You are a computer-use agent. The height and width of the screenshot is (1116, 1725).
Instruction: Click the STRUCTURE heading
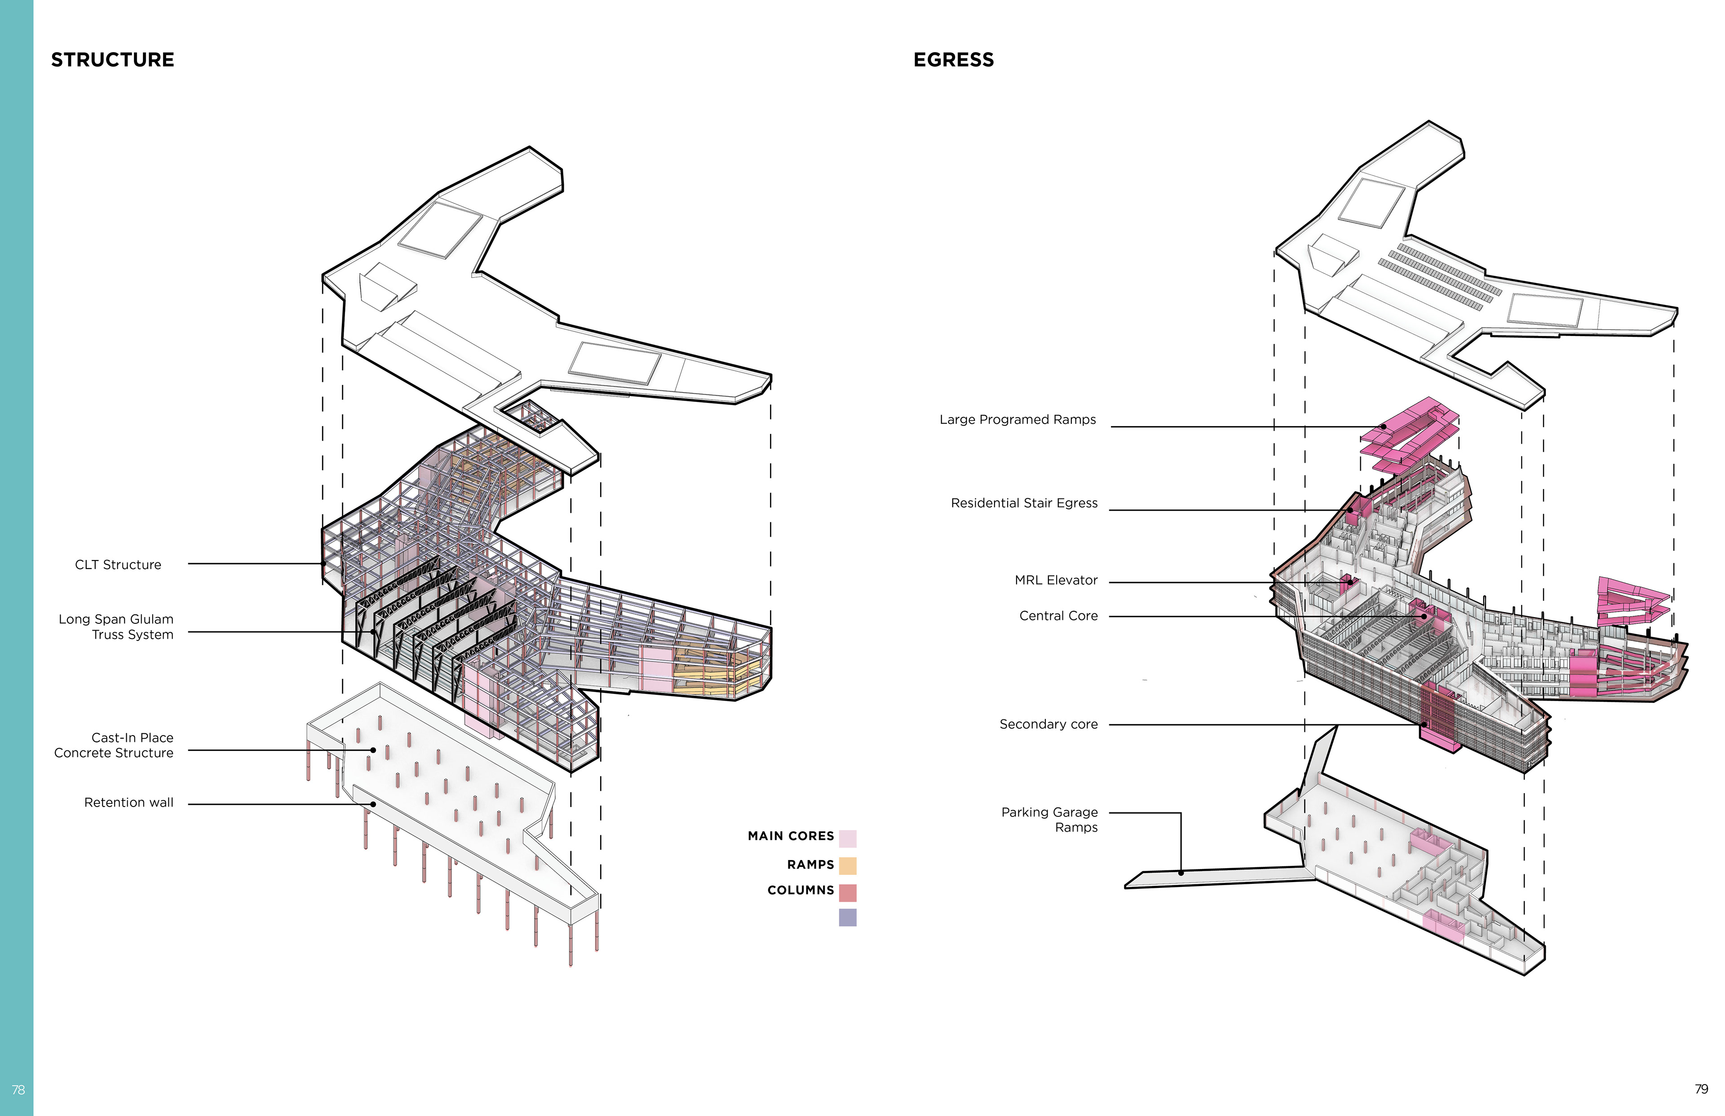(x=112, y=59)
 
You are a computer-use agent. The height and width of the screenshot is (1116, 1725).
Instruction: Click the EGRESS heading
(x=953, y=59)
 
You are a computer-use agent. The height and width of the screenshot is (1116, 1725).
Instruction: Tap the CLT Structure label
(x=118, y=565)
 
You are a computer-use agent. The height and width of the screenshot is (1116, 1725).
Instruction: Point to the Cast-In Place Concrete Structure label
(x=114, y=745)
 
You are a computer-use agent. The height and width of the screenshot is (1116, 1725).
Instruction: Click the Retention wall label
(x=129, y=802)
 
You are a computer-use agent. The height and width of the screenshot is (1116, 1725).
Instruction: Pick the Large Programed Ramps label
(x=1017, y=419)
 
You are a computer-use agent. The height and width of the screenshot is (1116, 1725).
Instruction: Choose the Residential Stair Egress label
(x=1024, y=503)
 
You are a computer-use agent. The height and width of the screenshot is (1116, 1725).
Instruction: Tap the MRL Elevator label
(x=1056, y=580)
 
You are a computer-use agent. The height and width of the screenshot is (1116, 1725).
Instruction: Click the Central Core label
(x=1058, y=615)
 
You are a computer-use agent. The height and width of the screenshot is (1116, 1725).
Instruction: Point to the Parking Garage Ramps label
(x=1049, y=820)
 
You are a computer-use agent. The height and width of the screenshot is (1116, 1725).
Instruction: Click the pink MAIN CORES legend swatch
(x=847, y=838)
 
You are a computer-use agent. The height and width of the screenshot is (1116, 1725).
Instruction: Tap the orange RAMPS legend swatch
(x=847, y=865)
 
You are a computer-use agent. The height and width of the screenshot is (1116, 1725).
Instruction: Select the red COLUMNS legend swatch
(x=847, y=892)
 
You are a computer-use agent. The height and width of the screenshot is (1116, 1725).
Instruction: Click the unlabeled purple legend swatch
(x=847, y=918)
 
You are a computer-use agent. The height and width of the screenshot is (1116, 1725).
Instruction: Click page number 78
(x=18, y=1090)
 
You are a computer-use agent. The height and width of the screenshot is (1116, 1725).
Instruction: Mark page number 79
(x=1701, y=1089)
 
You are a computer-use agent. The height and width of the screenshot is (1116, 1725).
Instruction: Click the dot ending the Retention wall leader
(x=373, y=804)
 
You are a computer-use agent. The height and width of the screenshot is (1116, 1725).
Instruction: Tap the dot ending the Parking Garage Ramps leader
(x=1181, y=873)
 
